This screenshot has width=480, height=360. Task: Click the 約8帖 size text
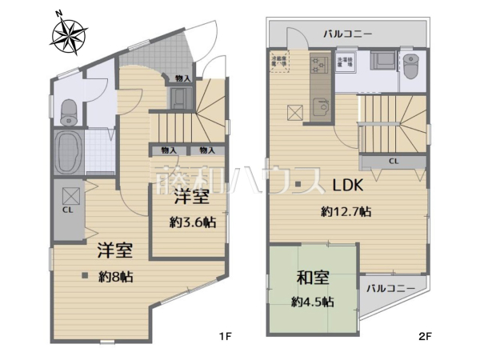[116, 278]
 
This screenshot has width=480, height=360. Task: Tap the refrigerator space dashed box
[281, 62]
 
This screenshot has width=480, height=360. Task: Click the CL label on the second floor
[394, 161]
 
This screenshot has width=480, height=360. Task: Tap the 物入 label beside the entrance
[182, 78]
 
